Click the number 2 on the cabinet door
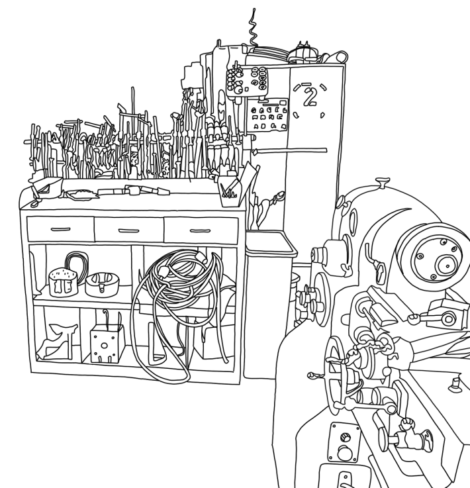[308, 99]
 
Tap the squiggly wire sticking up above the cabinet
[252, 30]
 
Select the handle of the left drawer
[60, 229]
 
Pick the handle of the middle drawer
[128, 230]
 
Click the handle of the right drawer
[200, 230]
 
